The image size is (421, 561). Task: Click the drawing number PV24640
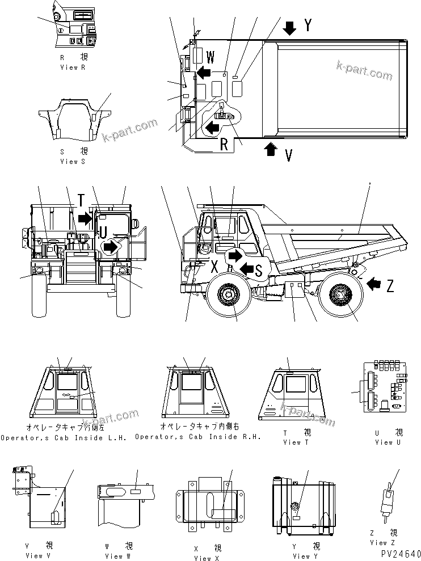[397, 554]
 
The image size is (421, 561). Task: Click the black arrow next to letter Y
[290, 27]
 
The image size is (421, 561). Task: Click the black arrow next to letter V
[271, 149]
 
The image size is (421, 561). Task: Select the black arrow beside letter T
[85, 217]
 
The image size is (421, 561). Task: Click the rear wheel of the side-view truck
[339, 295]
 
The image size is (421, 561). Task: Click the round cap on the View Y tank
[296, 505]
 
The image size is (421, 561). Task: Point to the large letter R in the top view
[225, 144]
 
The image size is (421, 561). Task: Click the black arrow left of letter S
[247, 267]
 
